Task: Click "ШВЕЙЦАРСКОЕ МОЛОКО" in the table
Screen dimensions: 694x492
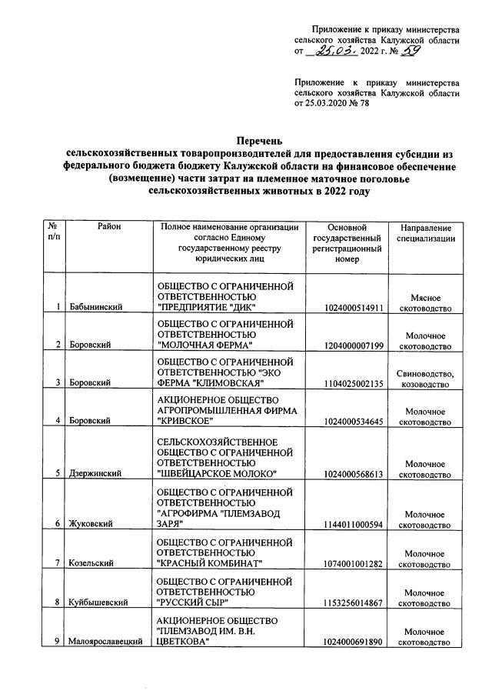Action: point(216,475)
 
